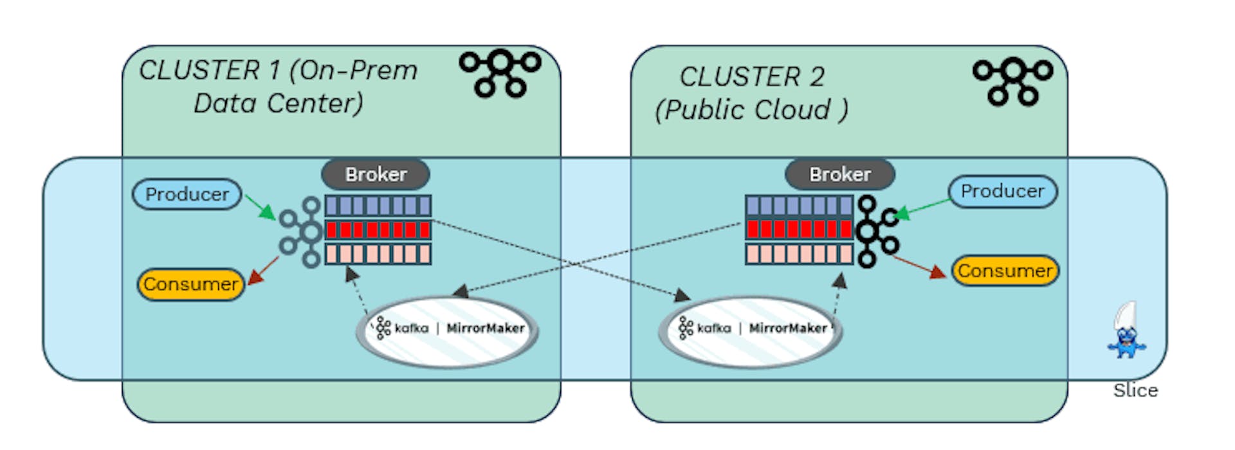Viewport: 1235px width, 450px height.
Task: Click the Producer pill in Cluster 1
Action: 187,194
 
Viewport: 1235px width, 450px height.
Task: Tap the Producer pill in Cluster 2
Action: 1002,192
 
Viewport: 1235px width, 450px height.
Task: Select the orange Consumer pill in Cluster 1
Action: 191,284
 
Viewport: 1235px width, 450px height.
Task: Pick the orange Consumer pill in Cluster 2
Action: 1005,271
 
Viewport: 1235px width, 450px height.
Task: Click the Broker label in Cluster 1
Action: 376,174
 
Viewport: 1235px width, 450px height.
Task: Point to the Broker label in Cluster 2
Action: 839,174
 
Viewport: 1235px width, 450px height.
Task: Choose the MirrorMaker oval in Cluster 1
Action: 448,330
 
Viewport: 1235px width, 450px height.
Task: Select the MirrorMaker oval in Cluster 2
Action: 751,330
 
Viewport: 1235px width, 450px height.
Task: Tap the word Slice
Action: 1135,390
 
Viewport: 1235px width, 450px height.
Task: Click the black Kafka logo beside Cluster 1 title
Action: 500,72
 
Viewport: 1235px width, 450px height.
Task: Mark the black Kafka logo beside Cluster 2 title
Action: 1012,80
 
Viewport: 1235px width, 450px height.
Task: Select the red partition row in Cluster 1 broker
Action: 378,230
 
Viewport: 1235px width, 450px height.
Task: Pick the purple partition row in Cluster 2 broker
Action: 799,206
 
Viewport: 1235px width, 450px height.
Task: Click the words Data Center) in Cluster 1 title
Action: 278,103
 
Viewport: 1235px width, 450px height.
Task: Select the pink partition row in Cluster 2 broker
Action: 799,254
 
